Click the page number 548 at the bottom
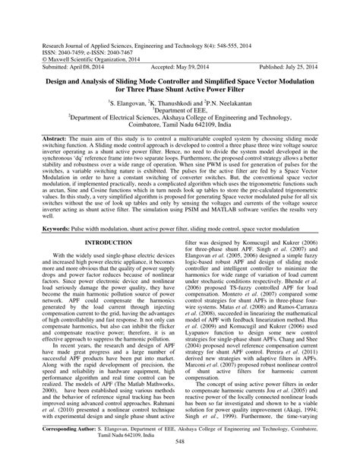tap(180, 459)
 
